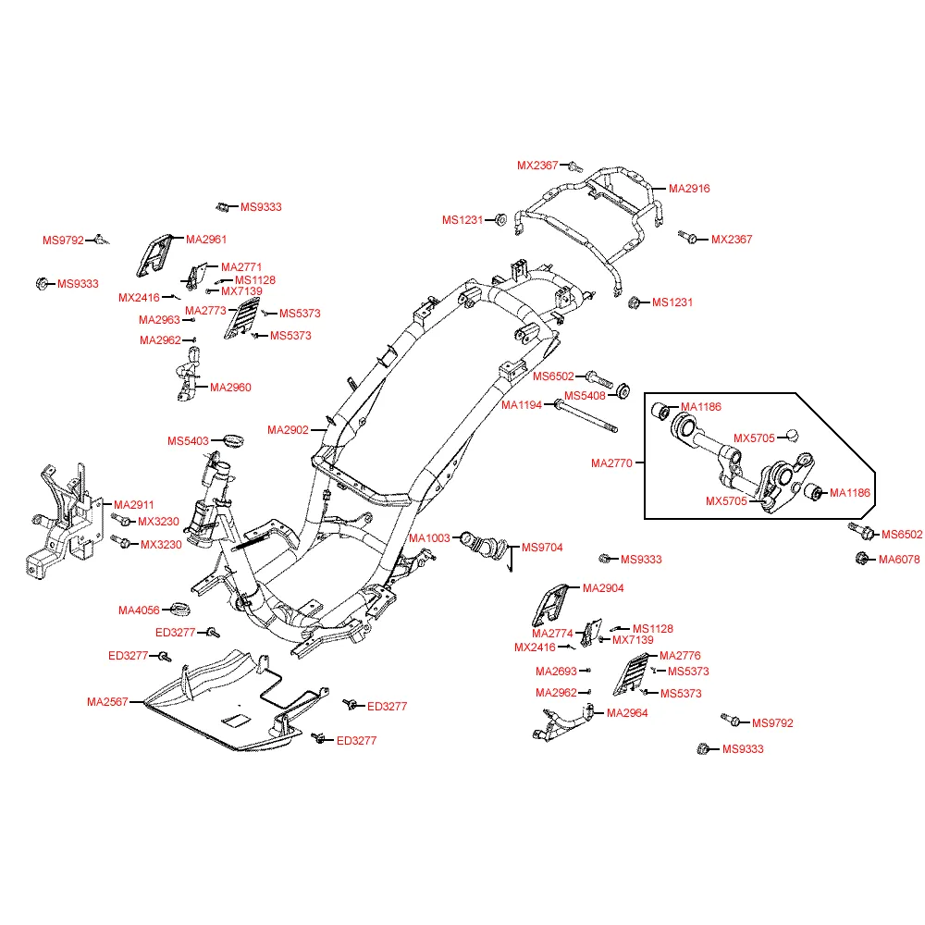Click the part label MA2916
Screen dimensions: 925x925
pos(689,189)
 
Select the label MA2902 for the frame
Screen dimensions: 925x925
pos(288,430)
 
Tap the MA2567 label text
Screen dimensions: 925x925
pos(107,702)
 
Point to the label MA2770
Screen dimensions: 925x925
pos(611,462)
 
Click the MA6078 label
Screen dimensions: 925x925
pos(899,559)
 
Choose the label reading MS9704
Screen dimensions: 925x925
pos(542,548)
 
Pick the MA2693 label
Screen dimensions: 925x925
pos(556,672)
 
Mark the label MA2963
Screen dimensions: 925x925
pos(159,320)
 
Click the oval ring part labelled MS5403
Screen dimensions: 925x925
pos(231,438)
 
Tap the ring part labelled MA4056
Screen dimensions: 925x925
pos(182,609)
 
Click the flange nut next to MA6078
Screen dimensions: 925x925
pos(860,559)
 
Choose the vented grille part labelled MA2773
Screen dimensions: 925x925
pos(239,321)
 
